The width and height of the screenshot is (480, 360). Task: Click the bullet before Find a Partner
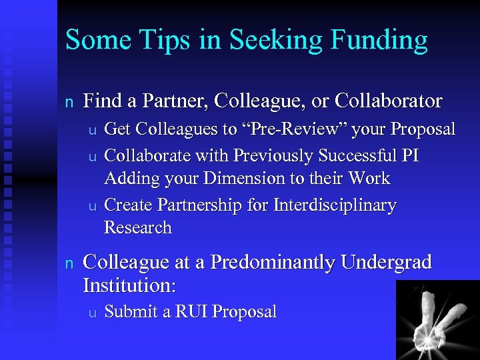pos(68,102)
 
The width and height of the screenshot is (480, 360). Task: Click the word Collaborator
pos(389,101)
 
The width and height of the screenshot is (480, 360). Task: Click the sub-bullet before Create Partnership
pos(93,206)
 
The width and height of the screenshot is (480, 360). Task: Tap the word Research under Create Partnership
pos(138,228)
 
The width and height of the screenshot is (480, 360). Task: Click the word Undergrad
pos(387,263)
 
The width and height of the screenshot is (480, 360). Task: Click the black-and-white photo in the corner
pos(438,320)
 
